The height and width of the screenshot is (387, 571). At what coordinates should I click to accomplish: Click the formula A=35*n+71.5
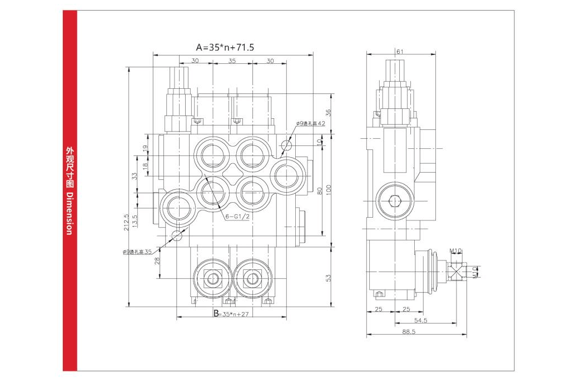(x=225, y=47)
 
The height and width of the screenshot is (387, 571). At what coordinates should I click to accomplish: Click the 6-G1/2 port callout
(x=237, y=216)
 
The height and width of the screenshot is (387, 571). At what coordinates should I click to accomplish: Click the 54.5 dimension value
(x=420, y=320)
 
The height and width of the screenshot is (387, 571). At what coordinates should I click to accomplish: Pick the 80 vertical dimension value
(x=319, y=190)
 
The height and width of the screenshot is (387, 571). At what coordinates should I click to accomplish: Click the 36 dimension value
(x=328, y=112)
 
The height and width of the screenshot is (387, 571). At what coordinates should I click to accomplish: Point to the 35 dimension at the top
(x=232, y=61)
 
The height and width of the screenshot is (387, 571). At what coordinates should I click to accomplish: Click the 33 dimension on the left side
(x=134, y=177)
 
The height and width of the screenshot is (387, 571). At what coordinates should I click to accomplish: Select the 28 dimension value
(x=157, y=261)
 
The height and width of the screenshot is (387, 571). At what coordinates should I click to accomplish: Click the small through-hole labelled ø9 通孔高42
(x=287, y=145)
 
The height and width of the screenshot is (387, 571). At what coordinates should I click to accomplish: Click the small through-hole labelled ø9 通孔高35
(x=177, y=235)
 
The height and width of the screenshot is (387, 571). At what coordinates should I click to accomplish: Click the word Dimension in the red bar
(x=69, y=214)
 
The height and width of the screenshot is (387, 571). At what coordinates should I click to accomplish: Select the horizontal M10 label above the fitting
(x=456, y=252)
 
